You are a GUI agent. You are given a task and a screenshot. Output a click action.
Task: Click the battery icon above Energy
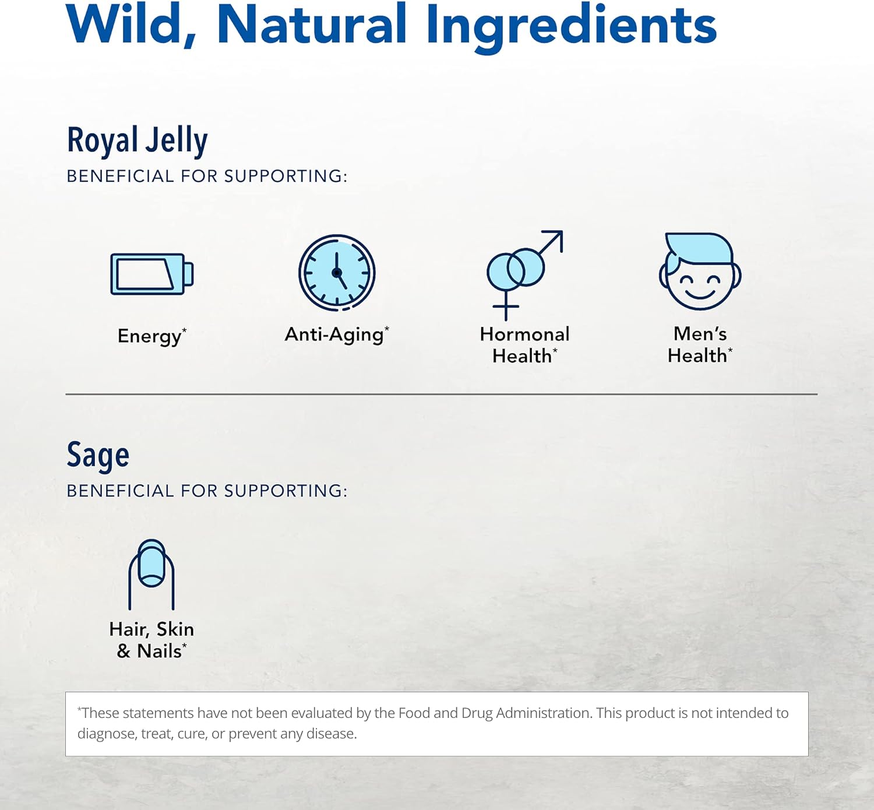(151, 274)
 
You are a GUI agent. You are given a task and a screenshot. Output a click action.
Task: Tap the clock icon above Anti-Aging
(337, 273)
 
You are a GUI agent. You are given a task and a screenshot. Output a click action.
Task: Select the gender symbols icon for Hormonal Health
(523, 273)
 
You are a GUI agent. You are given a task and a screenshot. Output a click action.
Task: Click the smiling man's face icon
(700, 272)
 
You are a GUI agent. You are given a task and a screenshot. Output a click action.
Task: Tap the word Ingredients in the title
(571, 26)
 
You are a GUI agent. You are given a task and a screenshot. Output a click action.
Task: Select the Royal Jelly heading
(137, 141)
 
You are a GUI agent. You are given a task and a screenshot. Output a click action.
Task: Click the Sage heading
(98, 456)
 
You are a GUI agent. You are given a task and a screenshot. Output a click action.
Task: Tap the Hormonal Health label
(524, 344)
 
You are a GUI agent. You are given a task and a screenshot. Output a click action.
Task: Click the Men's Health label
(700, 344)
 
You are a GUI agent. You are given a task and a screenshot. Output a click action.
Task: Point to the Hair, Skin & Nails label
(151, 640)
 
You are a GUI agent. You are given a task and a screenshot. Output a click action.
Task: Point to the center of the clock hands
(336, 273)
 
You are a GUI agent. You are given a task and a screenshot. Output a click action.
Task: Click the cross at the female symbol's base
(506, 307)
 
